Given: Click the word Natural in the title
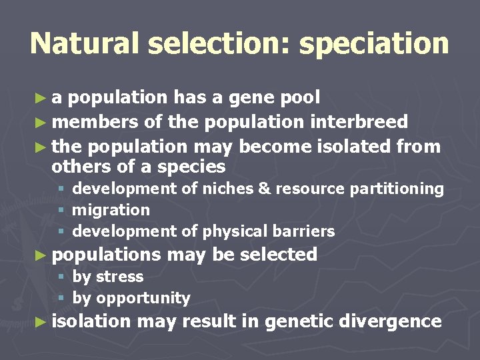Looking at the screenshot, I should tap(85, 43).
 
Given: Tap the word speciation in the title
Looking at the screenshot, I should tap(374, 45).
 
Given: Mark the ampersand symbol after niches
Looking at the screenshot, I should tap(263, 189).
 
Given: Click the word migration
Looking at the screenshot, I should tap(111, 210).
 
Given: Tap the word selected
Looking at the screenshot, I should tap(278, 254).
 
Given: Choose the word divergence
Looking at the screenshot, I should tap(390, 321).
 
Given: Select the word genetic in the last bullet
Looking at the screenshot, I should tap(299, 321).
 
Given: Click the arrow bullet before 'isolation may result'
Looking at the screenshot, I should tap(41, 321).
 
